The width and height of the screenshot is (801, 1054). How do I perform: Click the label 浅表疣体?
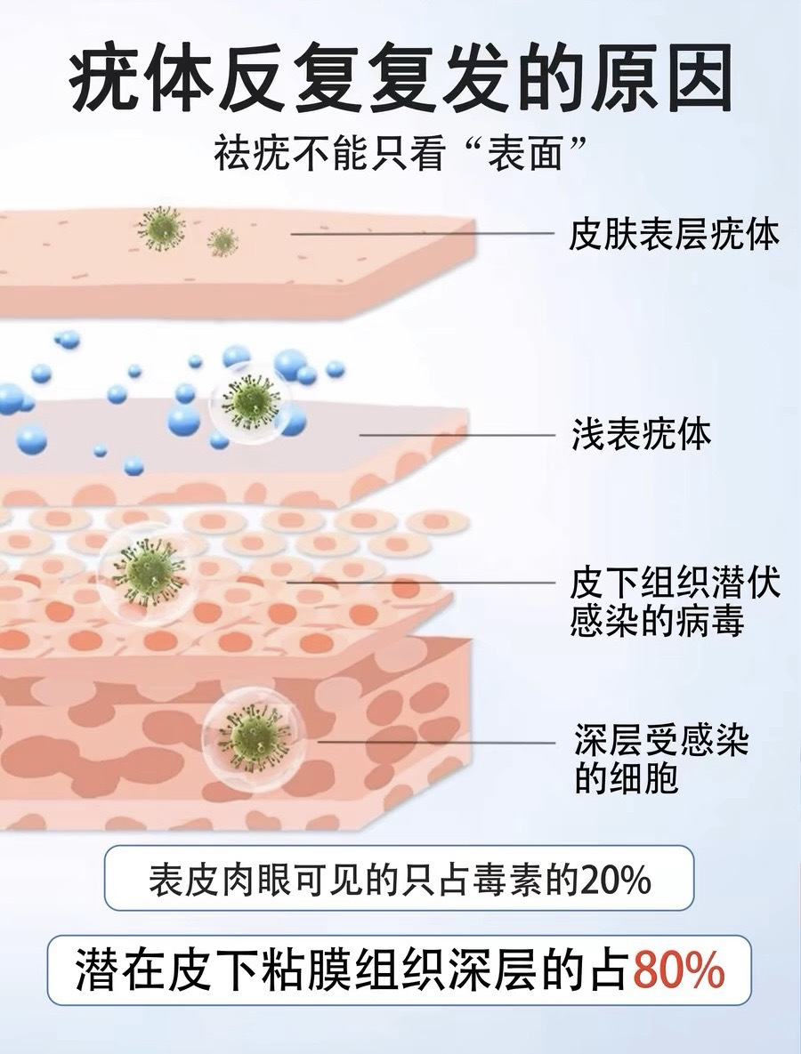tap(641, 436)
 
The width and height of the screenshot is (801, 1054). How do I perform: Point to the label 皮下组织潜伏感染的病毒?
tap(674, 602)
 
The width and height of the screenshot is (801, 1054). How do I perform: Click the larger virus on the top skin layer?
tap(160, 229)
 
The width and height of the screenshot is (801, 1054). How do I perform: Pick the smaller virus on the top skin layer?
tap(222, 240)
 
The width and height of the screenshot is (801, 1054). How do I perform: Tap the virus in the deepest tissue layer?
tap(253, 736)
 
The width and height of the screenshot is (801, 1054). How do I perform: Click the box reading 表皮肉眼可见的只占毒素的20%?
tap(399, 881)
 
